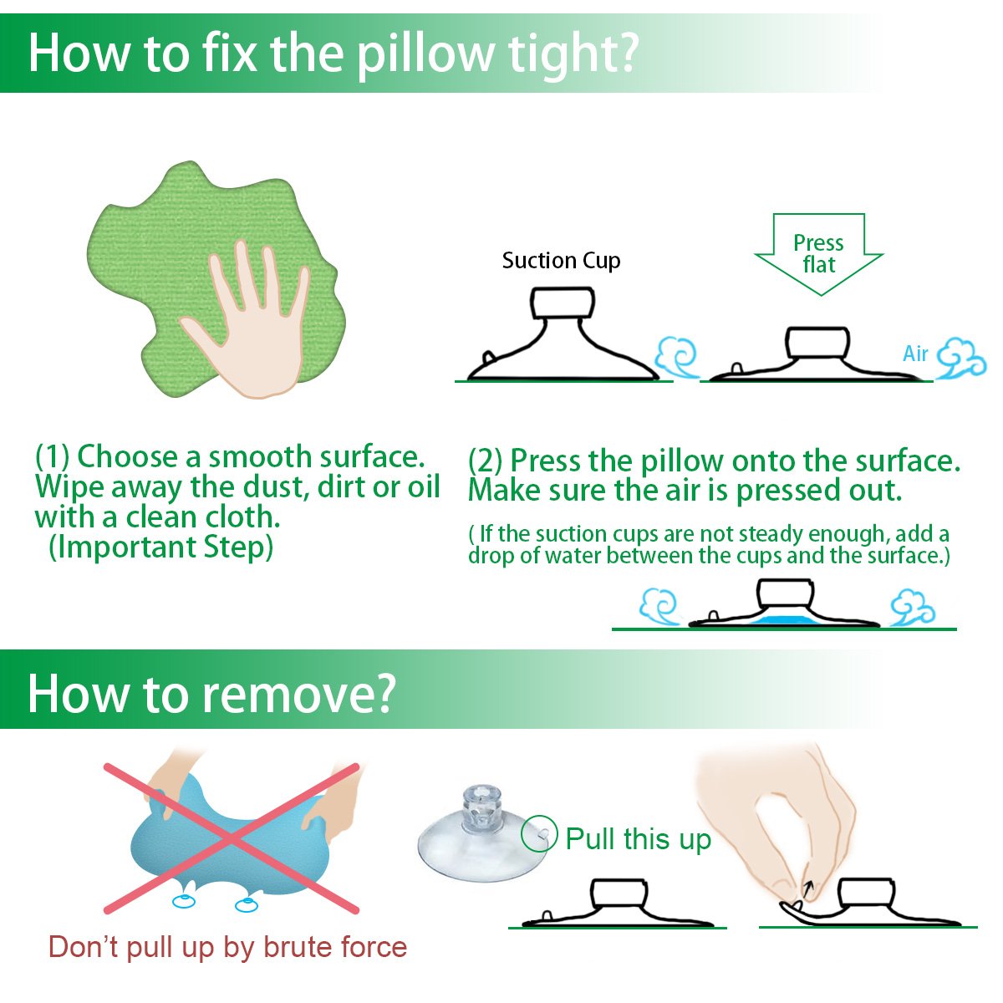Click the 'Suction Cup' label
coord(561,261)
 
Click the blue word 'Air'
coord(915,354)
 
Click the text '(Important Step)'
coord(160,547)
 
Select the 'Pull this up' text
coord(638,838)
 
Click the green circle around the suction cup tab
coord(539,833)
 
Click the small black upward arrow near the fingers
coord(807,888)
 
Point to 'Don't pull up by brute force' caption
coord(227,947)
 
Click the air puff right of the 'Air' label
coord(961,358)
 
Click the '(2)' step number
coord(485,461)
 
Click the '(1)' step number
coord(52,457)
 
